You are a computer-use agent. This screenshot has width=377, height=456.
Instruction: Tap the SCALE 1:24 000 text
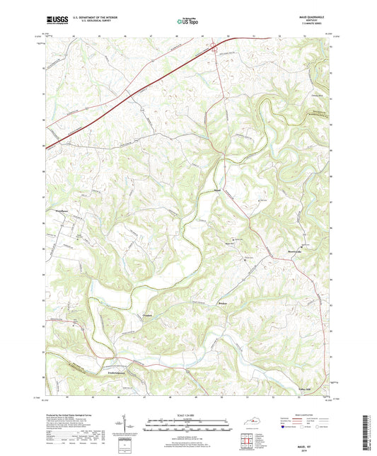188,414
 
